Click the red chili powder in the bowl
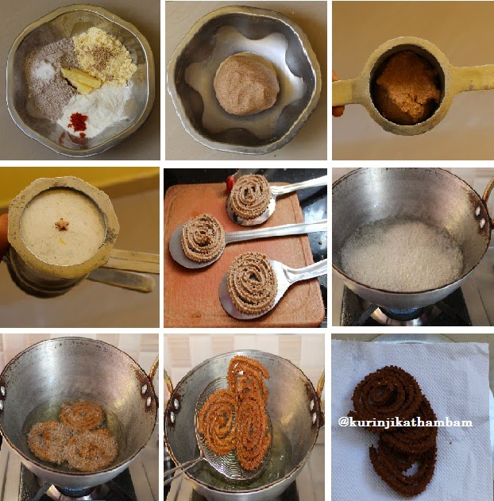[x=78, y=121]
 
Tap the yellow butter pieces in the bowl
[x=81, y=80]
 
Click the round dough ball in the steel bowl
[x=246, y=85]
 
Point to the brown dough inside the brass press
[x=408, y=87]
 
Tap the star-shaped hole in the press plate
[x=62, y=225]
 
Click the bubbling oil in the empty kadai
[x=402, y=256]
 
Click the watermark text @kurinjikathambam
[x=405, y=422]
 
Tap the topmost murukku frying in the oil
[x=83, y=416]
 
